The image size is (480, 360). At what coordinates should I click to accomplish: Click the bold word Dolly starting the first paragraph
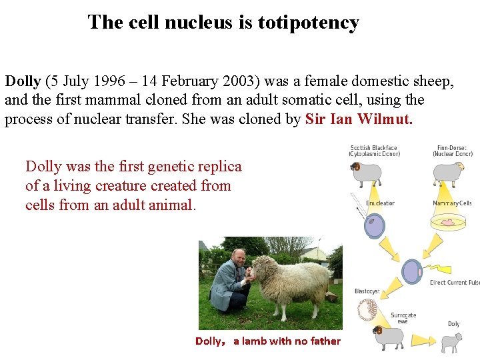tap(23, 81)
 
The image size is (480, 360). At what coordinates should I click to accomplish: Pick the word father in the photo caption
tap(325, 341)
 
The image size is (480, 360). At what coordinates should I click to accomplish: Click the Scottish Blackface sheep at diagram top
tap(366, 173)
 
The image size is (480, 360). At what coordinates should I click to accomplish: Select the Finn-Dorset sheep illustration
tap(447, 173)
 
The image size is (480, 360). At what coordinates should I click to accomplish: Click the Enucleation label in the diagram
tap(380, 203)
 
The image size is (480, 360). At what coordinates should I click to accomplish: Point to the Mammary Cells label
tap(453, 203)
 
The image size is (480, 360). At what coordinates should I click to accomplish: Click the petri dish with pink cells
tap(448, 223)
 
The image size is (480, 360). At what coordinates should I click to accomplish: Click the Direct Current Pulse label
tap(455, 283)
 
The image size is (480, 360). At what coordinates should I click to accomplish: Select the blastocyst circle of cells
tap(368, 309)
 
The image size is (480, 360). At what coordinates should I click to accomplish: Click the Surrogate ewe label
tap(403, 318)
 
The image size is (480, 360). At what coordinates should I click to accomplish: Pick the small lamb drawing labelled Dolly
tap(452, 342)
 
